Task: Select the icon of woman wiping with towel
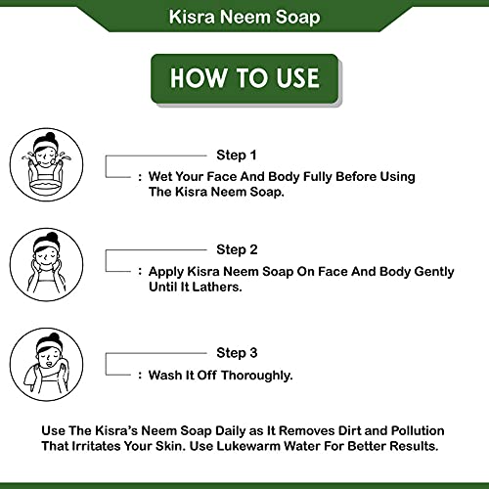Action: coord(41,363)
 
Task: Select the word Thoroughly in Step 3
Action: coord(255,375)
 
